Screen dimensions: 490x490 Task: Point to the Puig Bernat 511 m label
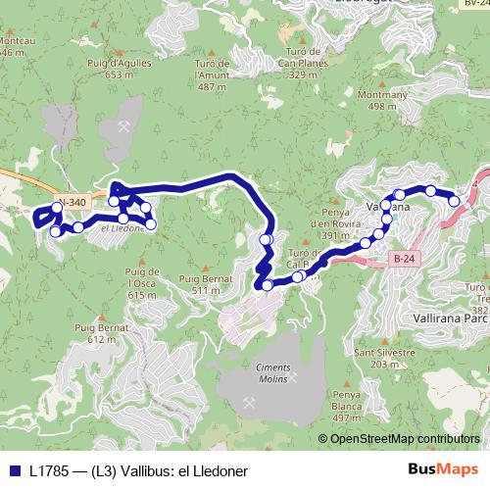[x=199, y=285]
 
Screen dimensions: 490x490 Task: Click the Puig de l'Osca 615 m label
[x=142, y=282]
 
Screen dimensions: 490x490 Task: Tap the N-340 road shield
[x=73, y=203]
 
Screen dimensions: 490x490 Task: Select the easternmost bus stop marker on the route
[x=455, y=200]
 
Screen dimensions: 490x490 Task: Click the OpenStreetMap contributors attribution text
[x=405, y=438]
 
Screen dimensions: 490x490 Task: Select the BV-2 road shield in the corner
[x=473, y=5]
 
